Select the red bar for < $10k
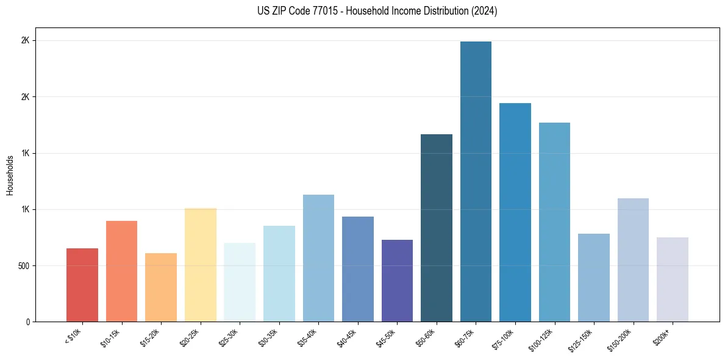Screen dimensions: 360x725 [82, 285]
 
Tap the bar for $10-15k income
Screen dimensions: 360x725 [121, 272]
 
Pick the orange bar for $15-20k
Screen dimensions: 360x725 [161, 287]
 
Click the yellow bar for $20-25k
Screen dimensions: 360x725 [200, 265]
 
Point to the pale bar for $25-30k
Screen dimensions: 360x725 [240, 283]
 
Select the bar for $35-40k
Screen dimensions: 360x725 [318, 258]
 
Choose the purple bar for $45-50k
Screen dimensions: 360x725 [397, 281]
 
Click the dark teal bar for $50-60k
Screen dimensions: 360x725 [437, 228]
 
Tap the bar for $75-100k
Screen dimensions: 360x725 [515, 212]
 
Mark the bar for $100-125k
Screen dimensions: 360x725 [554, 222]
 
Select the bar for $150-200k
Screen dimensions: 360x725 [633, 260]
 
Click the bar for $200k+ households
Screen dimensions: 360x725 [673, 279]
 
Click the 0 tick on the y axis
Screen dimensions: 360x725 [27, 322]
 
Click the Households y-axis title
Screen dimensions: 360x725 [10, 175]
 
